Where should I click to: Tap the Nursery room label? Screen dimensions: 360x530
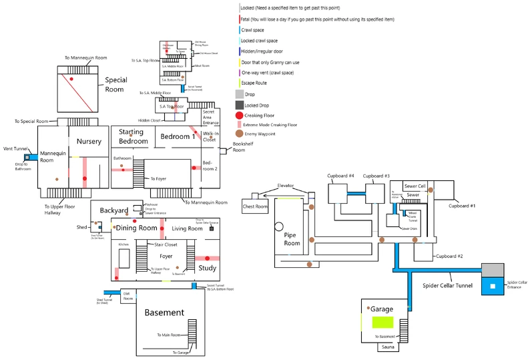click(89, 142)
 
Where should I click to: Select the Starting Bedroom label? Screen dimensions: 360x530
click(133, 136)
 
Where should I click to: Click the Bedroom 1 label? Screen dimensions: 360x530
click(178, 136)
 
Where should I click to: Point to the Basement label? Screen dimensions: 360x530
click(164, 313)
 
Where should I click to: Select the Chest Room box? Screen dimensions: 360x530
click(254, 206)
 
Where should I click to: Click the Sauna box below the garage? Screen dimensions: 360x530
click(388, 347)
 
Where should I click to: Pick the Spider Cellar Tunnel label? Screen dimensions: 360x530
click(448, 286)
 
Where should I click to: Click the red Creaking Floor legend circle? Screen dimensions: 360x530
click(240, 116)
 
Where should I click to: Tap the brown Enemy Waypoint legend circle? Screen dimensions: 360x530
click(240, 134)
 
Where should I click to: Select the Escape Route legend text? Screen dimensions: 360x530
click(254, 83)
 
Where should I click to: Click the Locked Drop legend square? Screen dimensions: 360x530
click(240, 105)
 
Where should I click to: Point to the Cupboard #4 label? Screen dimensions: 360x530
click(340, 176)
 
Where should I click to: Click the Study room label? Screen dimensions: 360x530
click(208, 268)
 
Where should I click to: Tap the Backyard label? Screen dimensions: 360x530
click(114, 210)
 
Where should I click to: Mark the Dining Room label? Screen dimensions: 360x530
click(137, 228)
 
